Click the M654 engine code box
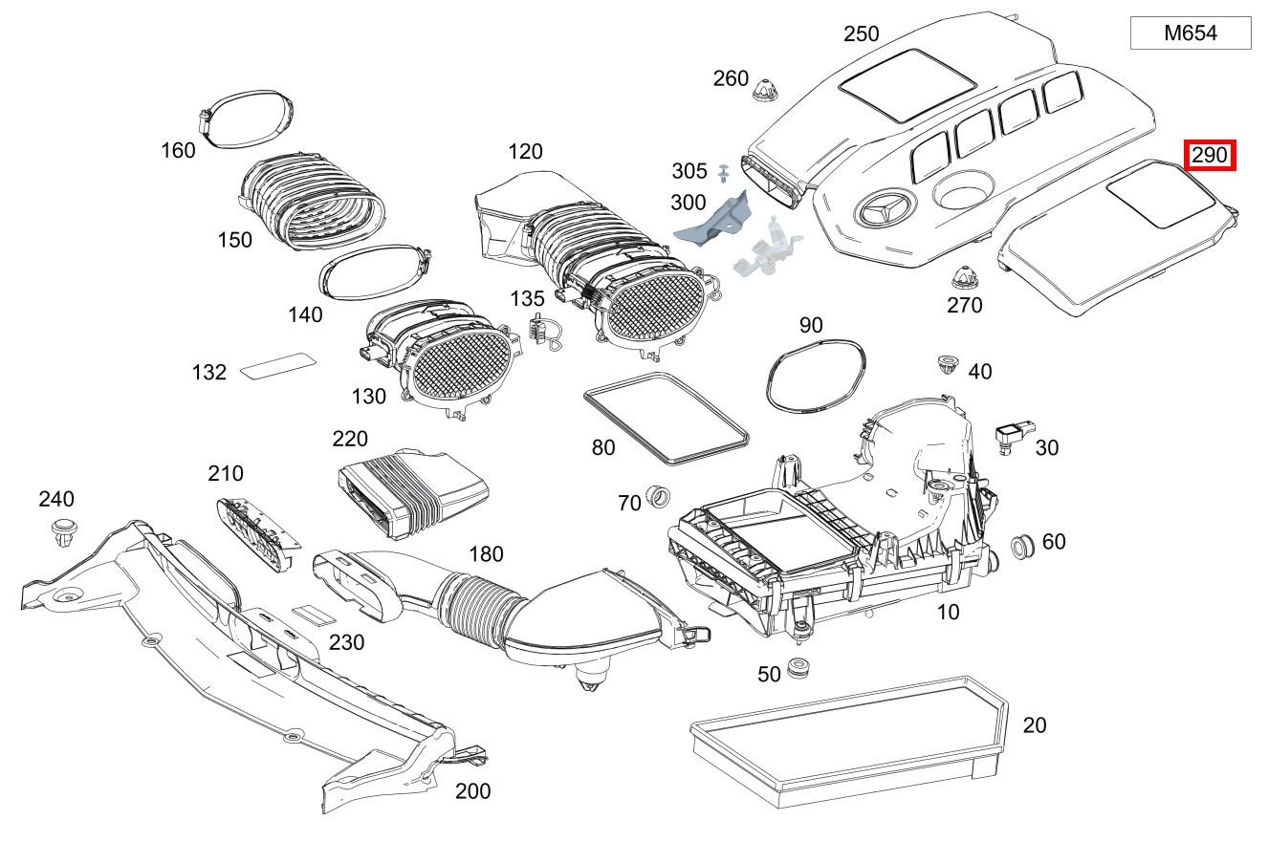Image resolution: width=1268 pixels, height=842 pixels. (x=1190, y=33)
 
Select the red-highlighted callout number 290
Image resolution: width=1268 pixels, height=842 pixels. (x=1210, y=156)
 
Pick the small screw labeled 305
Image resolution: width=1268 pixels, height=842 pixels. (x=724, y=173)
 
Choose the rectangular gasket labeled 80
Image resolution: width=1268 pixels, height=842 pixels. (x=666, y=420)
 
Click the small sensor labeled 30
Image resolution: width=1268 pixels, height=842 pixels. (x=1009, y=436)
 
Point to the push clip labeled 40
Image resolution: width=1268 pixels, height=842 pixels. (x=947, y=364)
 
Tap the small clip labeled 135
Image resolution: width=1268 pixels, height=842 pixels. (x=543, y=332)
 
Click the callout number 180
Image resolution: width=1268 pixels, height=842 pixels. (x=485, y=554)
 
